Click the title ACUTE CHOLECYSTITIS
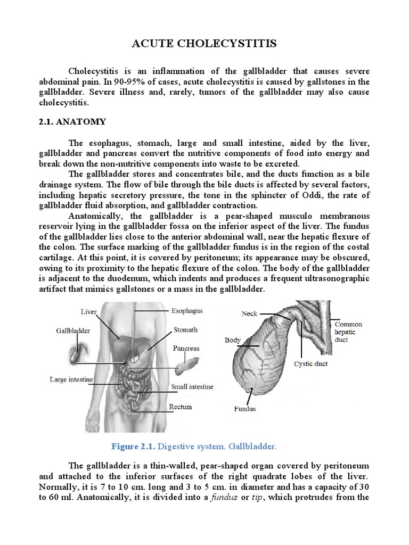204,44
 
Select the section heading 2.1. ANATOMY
72,122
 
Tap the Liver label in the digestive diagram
88,311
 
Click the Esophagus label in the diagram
186,310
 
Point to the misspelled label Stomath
185,330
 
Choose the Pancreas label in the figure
186,348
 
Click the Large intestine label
71,379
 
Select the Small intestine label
192,387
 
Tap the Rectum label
181,407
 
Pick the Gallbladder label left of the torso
73,331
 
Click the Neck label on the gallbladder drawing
249,313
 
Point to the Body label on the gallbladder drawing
233,340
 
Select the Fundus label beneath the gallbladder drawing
245,409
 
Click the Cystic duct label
310,364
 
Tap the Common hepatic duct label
348,332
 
